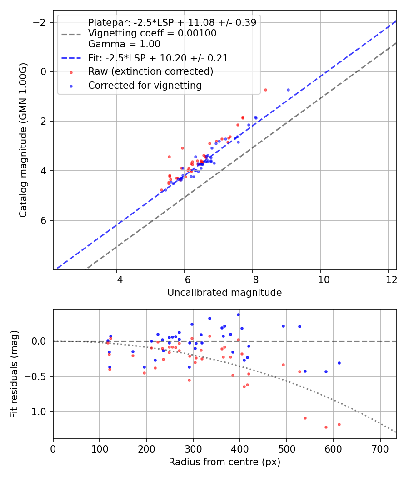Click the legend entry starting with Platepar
[172, 22]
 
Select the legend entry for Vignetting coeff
[152, 33]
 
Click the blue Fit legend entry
[158, 58]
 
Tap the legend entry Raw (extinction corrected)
[150, 71]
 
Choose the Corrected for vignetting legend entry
[145, 85]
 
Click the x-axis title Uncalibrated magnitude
[224, 293]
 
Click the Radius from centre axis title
[224, 462]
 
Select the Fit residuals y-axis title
[14, 373]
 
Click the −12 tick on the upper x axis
[388, 279]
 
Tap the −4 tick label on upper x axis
[116, 279]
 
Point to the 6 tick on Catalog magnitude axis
[44, 220]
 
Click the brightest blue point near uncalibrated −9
[288, 90]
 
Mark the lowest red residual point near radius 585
[326, 427]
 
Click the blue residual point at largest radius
[339, 363]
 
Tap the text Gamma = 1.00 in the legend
[124, 45]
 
